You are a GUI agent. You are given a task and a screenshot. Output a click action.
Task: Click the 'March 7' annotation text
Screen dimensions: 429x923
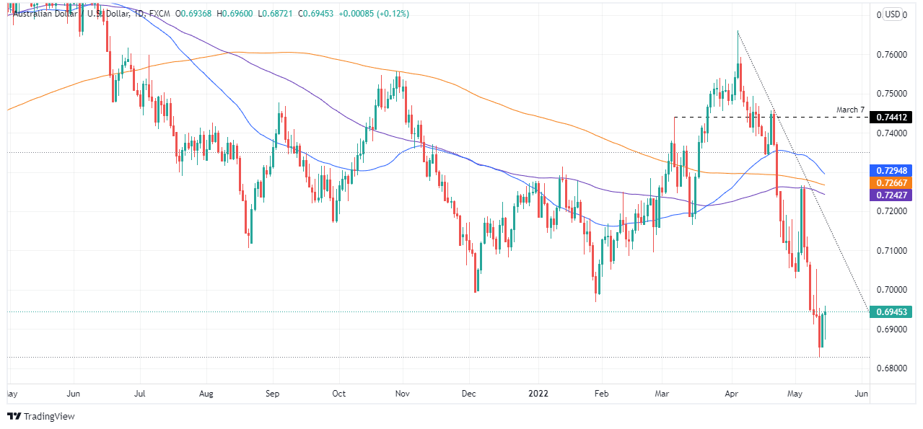[850, 110]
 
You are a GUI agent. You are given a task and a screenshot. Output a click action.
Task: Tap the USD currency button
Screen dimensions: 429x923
[893, 14]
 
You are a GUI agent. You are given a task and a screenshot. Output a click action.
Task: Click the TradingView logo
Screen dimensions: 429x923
[42, 416]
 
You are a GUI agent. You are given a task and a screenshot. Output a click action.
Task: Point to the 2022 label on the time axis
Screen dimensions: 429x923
[538, 394]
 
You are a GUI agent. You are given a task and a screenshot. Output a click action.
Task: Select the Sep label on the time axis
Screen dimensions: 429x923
[272, 394]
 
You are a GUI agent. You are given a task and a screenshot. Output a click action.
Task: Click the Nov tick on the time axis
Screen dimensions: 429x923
[403, 394]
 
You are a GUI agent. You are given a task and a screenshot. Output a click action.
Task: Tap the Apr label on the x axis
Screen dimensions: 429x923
[732, 394]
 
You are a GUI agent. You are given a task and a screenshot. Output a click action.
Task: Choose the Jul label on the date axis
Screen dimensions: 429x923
[140, 394]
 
